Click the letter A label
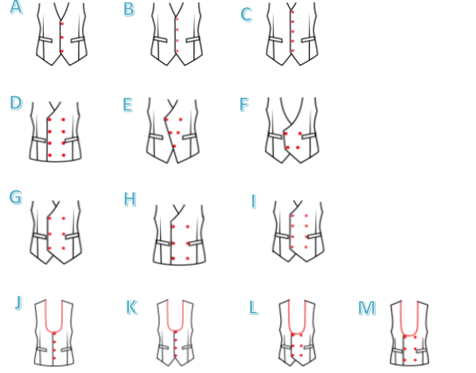pyautogui.click(x=16, y=7)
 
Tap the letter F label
pyautogui.click(x=244, y=105)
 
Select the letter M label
pyautogui.click(x=367, y=308)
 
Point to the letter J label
pyautogui.click(x=18, y=302)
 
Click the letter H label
pyautogui.click(x=131, y=200)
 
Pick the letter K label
pyautogui.click(x=131, y=307)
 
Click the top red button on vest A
pyautogui.click(x=62, y=24)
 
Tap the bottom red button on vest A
pyautogui.click(x=62, y=51)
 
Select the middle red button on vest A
pyautogui.click(x=62, y=37)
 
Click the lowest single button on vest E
pyautogui.click(x=174, y=146)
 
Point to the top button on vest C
pyautogui.click(x=293, y=12)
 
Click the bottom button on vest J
pyautogui.click(x=54, y=359)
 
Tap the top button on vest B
pyautogui.click(x=177, y=19)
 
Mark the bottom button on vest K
pyautogui.click(x=176, y=356)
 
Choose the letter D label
pyautogui.click(x=16, y=103)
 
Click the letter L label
pyautogui.click(x=254, y=308)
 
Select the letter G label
pyautogui.click(x=15, y=197)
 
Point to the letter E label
pyautogui.click(x=128, y=105)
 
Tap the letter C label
pyautogui.click(x=247, y=14)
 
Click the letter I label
pyautogui.click(x=254, y=201)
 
